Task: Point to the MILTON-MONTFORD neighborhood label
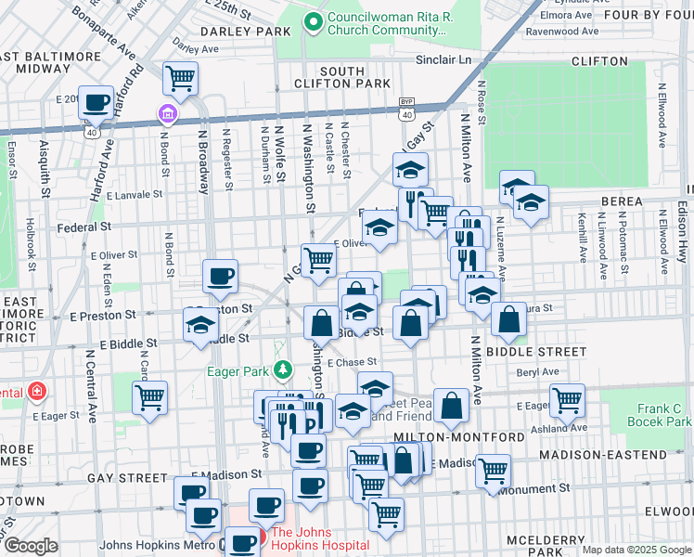click(x=441, y=436)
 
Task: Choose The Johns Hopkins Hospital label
click(x=319, y=538)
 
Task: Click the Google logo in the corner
click(x=31, y=545)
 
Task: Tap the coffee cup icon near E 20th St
click(x=95, y=102)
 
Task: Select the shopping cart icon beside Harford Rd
click(x=180, y=78)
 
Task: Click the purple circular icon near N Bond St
click(x=167, y=114)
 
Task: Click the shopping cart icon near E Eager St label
click(x=149, y=397)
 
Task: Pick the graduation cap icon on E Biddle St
click(x=199, y=326)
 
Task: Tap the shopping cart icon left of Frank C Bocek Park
click(x=565, y=400)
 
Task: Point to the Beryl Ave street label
click(x=539, y=371)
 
